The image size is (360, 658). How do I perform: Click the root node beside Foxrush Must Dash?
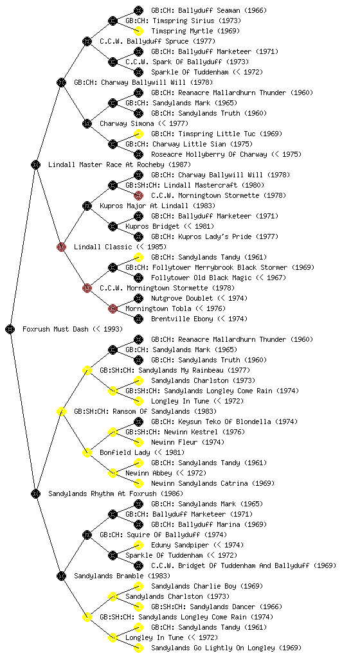tap(10, 329)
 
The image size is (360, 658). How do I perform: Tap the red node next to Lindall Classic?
tap(61, 247)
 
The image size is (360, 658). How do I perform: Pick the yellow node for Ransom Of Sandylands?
tap(61, 411)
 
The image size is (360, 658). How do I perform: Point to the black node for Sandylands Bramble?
tap(61, 576)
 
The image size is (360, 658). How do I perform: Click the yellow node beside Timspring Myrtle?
tap(138, 31)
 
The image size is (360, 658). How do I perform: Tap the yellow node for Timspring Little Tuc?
tap(138, 134)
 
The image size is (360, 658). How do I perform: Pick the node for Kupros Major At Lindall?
tap(87, 206)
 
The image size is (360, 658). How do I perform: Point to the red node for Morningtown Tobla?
tap(113, 308)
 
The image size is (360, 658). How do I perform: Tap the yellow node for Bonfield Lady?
tap(87, 452)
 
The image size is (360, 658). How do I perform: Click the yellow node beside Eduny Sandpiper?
tap(138, 545)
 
